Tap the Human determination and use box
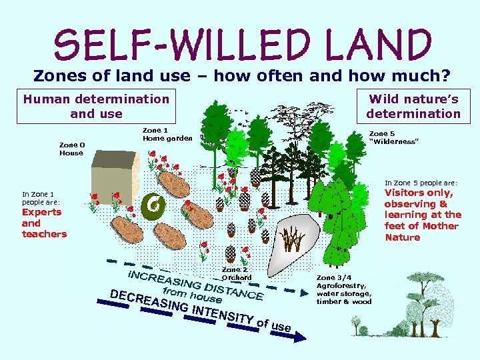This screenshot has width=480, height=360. point(97,106)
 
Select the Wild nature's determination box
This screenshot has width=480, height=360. point(413,106)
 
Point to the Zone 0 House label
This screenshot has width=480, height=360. point(71,149)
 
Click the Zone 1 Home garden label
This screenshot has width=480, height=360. point(167,134)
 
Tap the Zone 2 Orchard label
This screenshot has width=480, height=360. point(236,273)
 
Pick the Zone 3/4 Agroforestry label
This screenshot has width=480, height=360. point(344,289)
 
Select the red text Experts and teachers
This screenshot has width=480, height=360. point(44,223)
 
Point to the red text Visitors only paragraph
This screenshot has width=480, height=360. point(423,215)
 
